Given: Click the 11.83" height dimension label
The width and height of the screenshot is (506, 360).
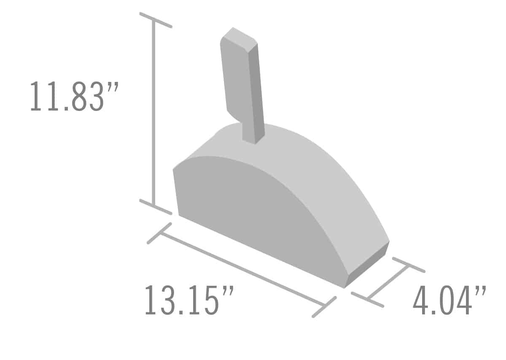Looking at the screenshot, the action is coord(74,96).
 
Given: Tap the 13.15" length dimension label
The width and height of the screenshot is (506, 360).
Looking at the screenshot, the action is coord(189,299).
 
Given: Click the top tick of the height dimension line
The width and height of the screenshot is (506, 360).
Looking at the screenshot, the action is coord(156,20).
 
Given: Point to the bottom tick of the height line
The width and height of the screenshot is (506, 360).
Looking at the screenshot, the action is coord(156,207).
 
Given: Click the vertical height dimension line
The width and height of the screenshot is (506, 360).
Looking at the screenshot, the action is coord(154,113).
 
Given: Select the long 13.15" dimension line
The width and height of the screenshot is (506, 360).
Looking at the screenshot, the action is coord(242,269).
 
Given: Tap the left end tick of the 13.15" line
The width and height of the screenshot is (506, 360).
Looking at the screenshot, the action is coord(159,233).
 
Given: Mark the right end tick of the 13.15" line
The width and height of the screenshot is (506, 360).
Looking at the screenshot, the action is coord(324,307).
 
